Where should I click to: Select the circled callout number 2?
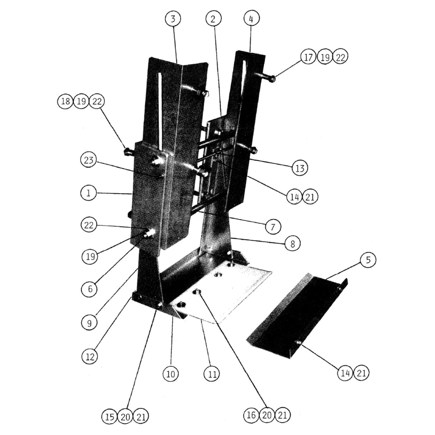click(x=214, y=19)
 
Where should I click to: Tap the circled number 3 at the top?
click(x=173, y=19)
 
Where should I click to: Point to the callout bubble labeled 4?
click(x=251, y=19)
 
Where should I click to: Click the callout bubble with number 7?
click(x=273, y=226)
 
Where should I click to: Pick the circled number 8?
click(x=293, y=243)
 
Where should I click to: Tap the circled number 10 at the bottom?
click(x=171, y=374)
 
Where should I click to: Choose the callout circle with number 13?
click(x=300, y=167)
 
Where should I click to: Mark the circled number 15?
click(x=110, y=417)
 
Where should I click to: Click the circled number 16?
click(x=251, y=415)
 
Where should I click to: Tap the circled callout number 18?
click(x=65, y=102)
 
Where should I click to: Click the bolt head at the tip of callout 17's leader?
click(x=272, y=78)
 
